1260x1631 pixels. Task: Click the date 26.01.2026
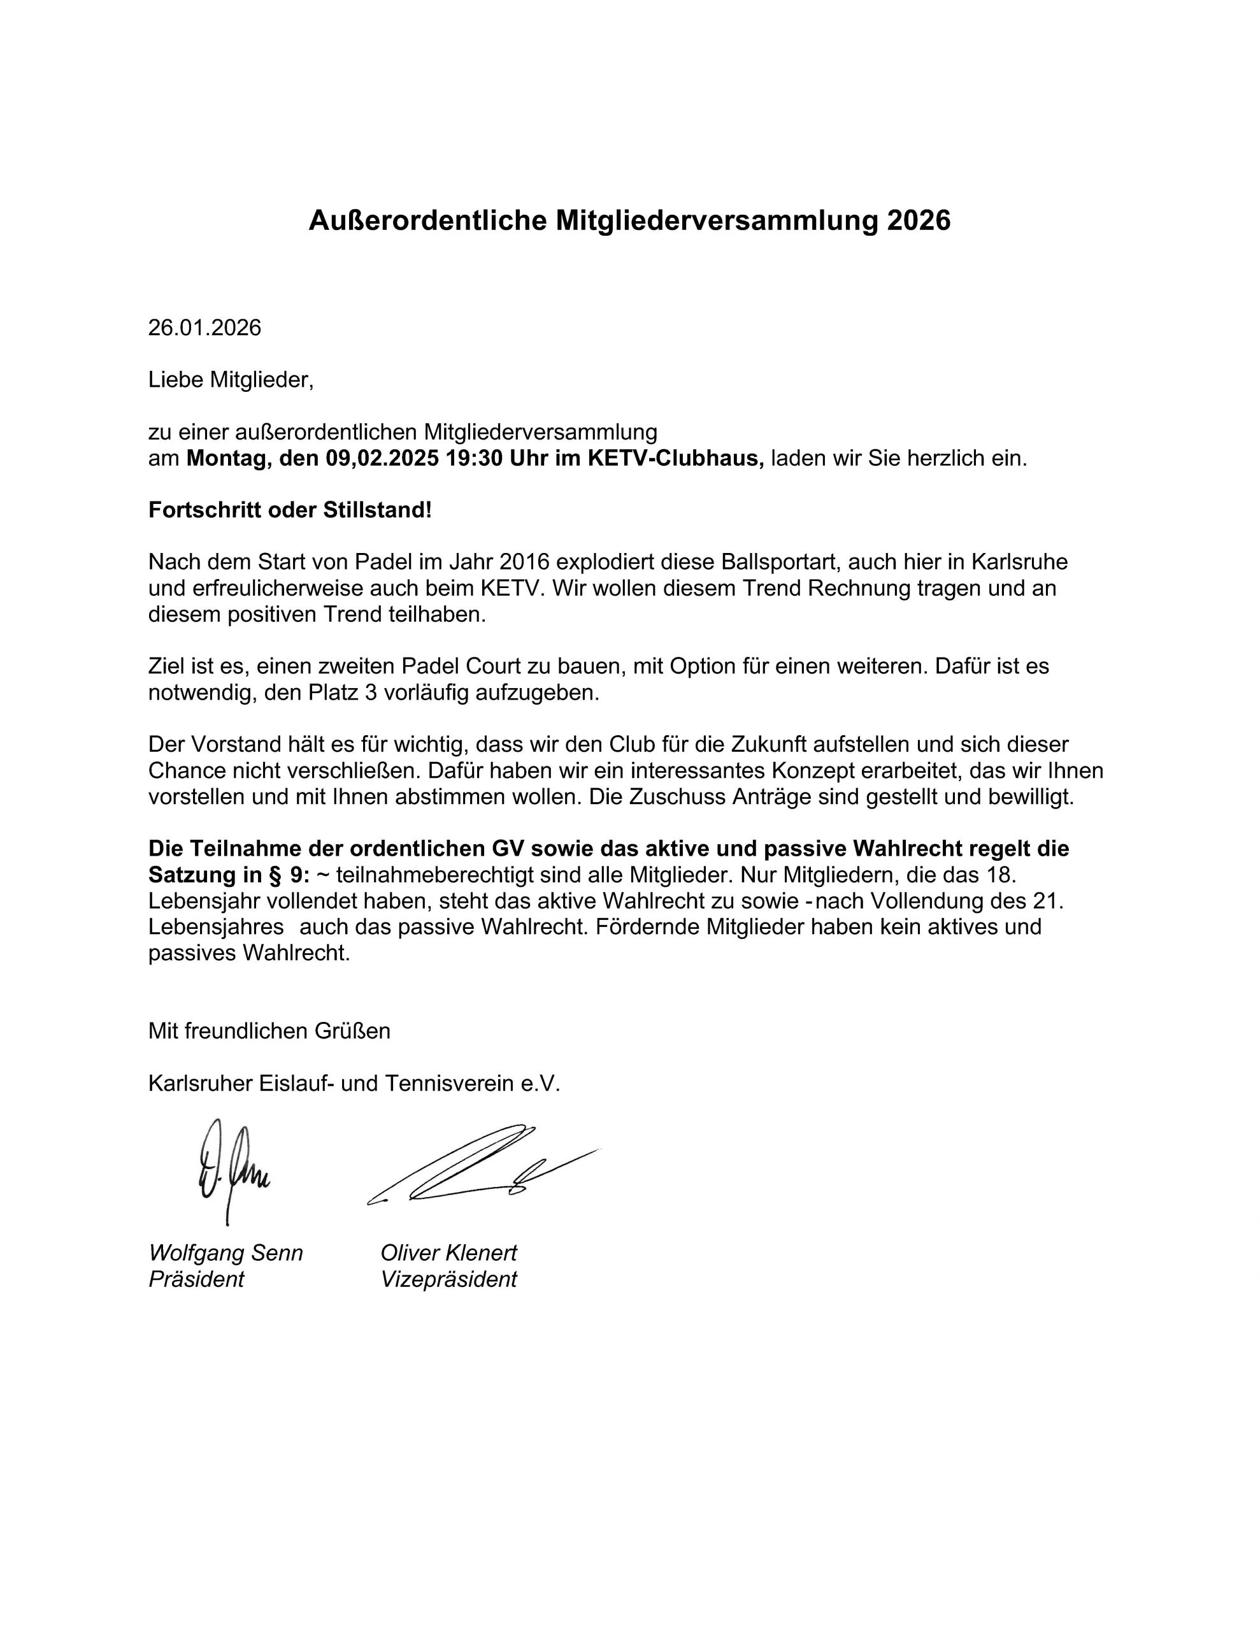tap(204, 328)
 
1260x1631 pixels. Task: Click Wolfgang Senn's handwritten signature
tap(230, 1171)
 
